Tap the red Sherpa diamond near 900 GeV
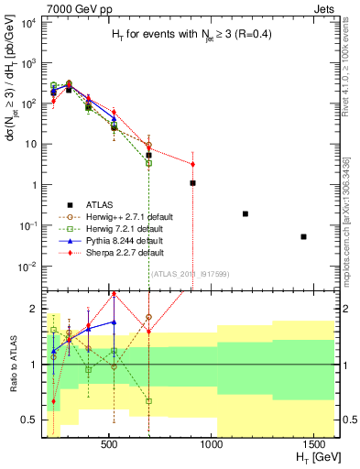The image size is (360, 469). pos(192,165)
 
